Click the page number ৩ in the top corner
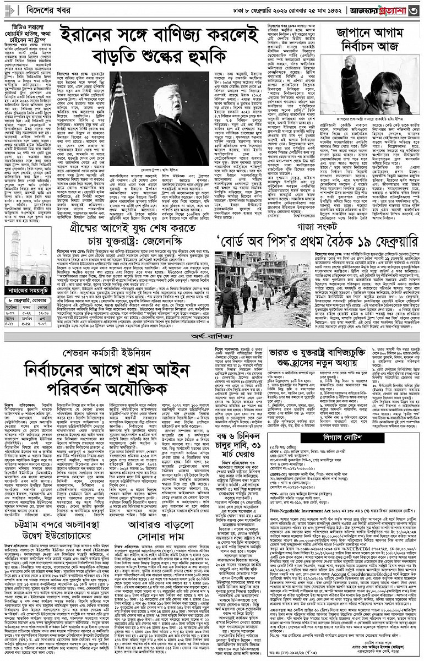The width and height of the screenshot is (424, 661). pos(414,9)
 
